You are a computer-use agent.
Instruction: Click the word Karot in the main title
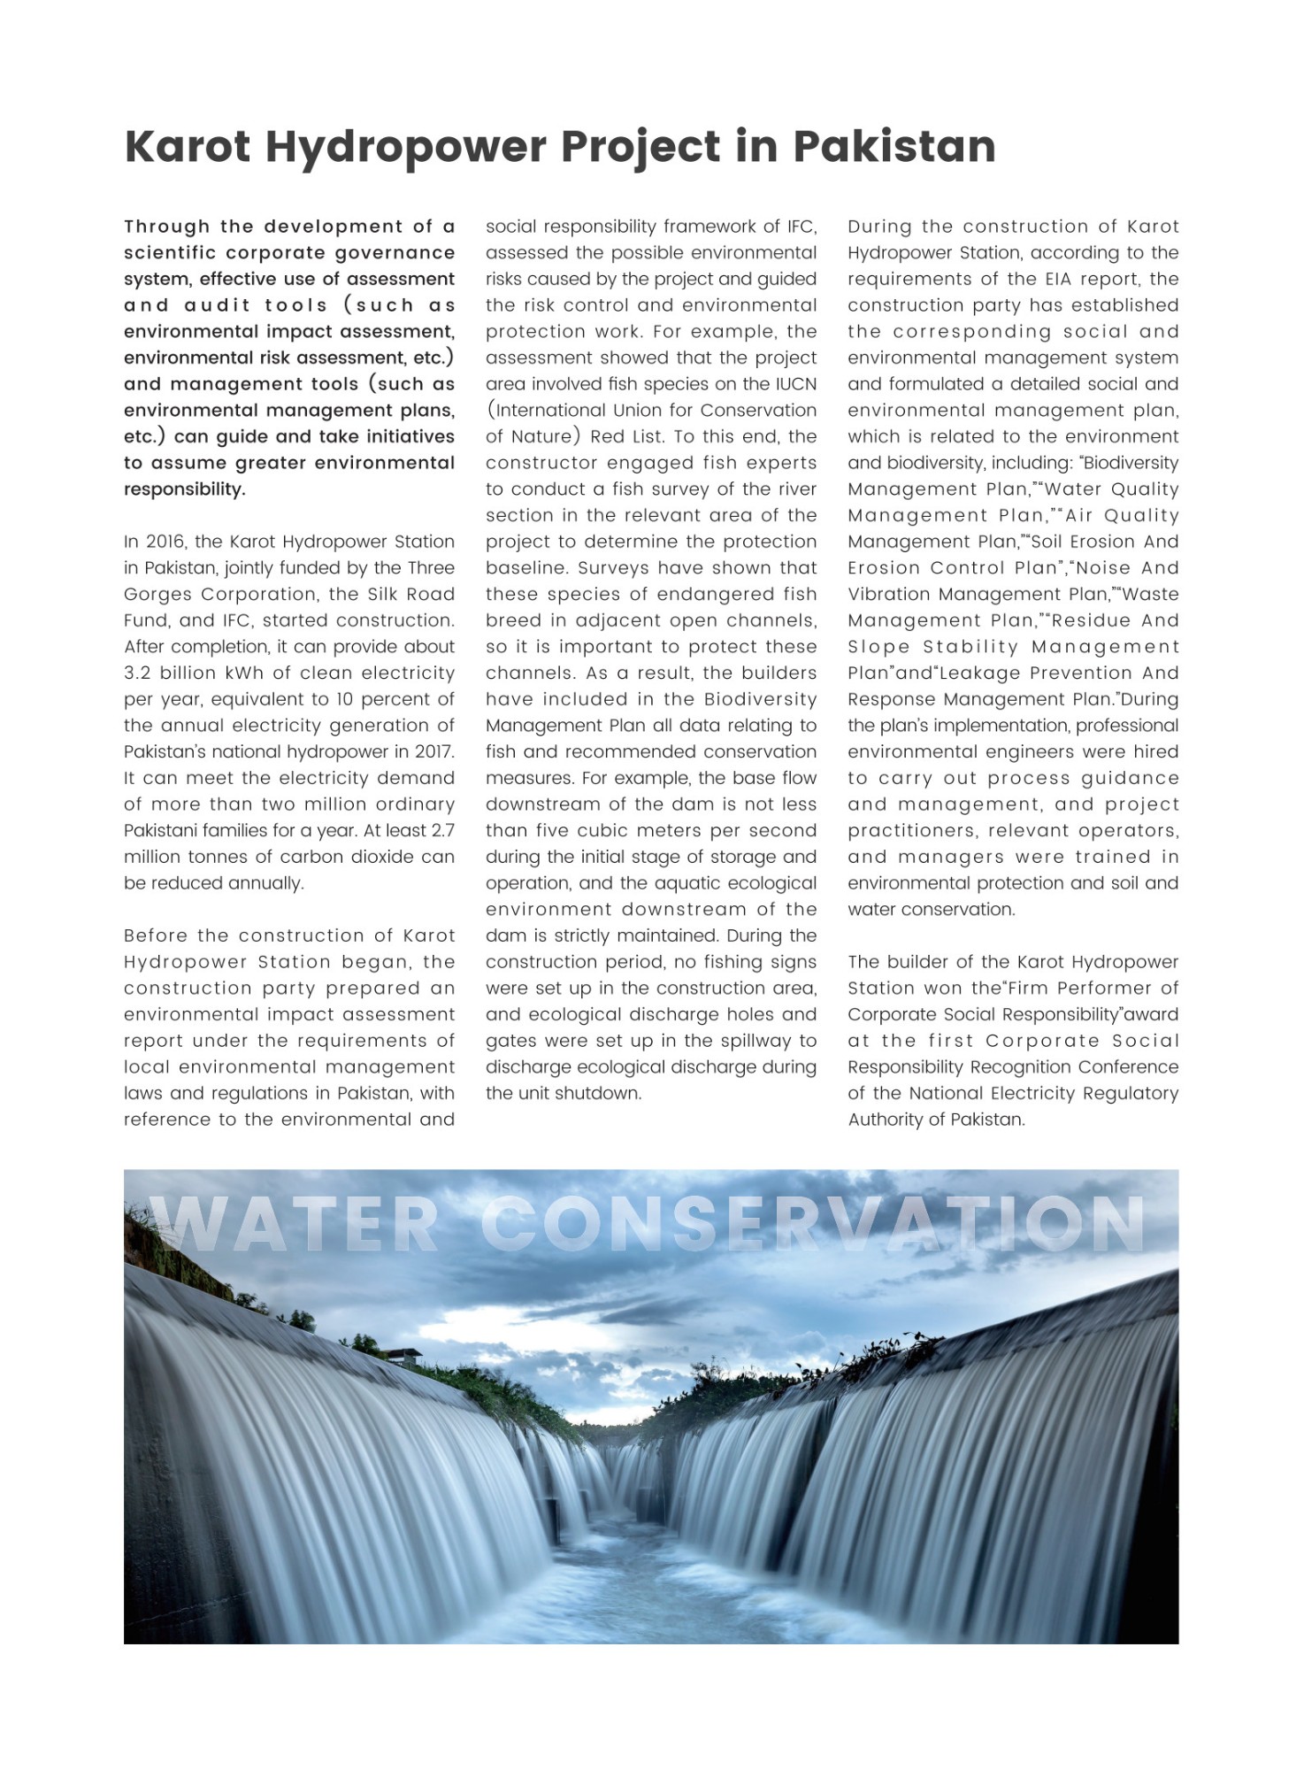pyautogui.click(x=188, y=147)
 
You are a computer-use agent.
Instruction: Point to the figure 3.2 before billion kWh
pyautogui.click(x=138, y=673)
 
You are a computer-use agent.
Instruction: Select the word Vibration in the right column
pyautogui.click(x=886, y=595)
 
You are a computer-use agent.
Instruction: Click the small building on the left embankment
pyautogui.click(x=403, y=1356)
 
